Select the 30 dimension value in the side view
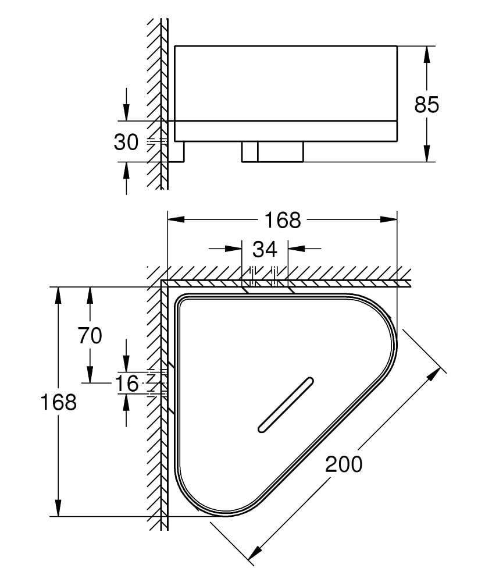(x=126, y=141)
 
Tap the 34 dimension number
(x=265, y=249)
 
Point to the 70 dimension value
(x=90, y=335)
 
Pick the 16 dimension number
(x=126, y=384)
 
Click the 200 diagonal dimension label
(x=343, y=464)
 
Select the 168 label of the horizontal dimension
(x=283, y=220)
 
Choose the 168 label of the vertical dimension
(x=58, y=402)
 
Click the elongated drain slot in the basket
(x=286, y=406)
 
